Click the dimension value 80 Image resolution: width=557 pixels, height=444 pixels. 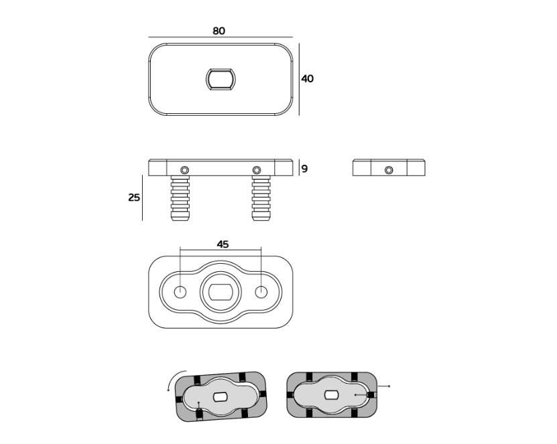pyautogui.click(x=219, y=31)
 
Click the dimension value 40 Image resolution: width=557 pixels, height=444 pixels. pyautogui.click(x=307, y=78)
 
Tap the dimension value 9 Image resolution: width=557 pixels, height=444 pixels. pyautogui.click(x=304, y=169)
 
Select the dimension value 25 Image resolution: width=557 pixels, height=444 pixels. pyautogui.click(x=134, y=198)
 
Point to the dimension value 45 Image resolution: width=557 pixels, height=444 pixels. pyautogui.click(x=223, y=244)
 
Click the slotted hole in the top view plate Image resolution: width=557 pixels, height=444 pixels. pyautogui.click(x=221, y=79)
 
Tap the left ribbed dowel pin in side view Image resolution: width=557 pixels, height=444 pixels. pyautogui.click(x=180, y=198)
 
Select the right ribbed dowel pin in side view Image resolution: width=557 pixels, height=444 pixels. pyautogui.click(x=261, y=198)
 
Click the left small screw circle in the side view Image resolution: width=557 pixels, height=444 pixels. pyautogui.click(x=185, y=170)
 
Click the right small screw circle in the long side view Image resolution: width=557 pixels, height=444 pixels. pyautogui.click(x=257, y=170)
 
